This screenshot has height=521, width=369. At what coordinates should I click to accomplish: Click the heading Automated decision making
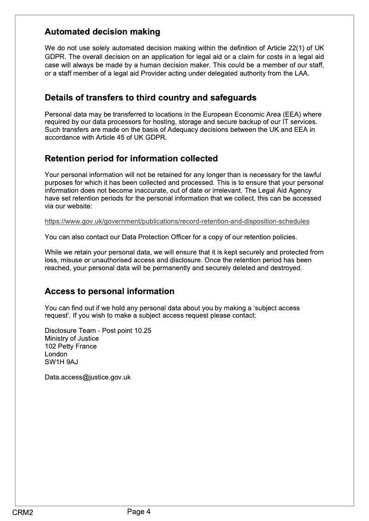coord(102,32)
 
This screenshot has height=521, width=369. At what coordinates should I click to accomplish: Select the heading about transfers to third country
coord(150,98)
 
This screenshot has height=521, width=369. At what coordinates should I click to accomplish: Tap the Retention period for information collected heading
coord(131,159)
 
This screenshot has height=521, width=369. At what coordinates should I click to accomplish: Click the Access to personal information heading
coord(109,291)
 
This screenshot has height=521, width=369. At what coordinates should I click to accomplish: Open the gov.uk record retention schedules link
coord(177,221)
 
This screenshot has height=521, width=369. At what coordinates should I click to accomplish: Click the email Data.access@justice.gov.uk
coord(88,377)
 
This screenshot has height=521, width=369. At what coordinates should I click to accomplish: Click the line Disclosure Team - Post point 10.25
coord(98,331)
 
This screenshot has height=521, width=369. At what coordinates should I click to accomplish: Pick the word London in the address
coord(56,354)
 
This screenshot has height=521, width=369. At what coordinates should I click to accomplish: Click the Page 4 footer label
coord(139,511)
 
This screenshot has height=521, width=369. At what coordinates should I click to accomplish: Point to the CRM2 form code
coord(23,513)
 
